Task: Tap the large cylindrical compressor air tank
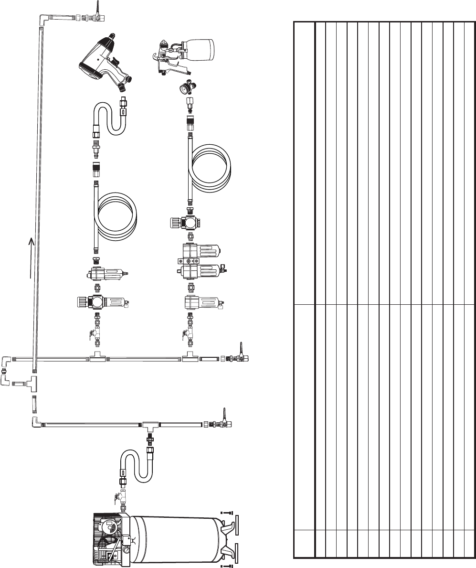177,538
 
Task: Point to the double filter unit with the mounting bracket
201,260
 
